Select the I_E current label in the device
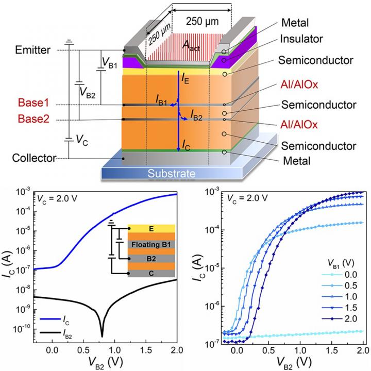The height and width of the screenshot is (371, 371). click(185, 79)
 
